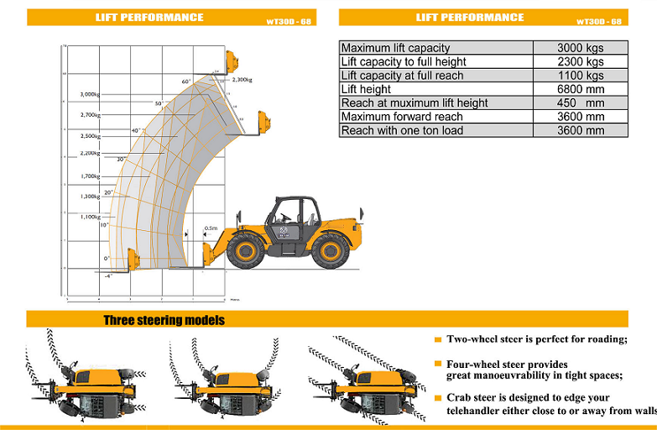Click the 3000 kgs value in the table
click(581, 48)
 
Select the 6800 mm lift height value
click(581, 89)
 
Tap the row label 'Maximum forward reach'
click(402, 117)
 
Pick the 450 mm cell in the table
click(581, 102)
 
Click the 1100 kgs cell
click(581, 76)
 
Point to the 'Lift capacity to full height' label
click(404, 61)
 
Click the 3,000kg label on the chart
click(90, 94)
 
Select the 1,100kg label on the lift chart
click(90, 217)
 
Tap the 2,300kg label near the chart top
click(242, 80)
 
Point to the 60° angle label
click(186, 81)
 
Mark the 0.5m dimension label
click(211, 228)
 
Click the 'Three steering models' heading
click(164, 320)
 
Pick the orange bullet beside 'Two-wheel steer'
click(437, 340)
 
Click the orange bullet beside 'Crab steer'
click(437, 397)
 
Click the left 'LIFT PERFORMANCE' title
click(149, 18)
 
